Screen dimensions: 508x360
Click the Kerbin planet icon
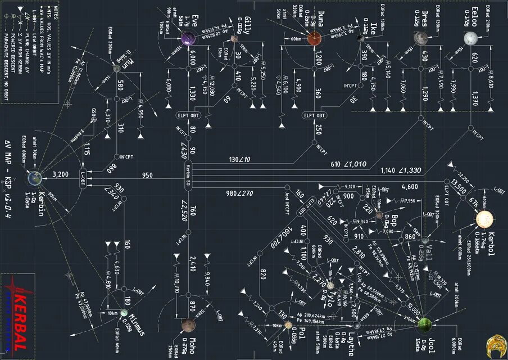click(x=35, y=178)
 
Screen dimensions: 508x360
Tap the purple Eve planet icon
click(x=188, y=39)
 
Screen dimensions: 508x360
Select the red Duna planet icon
click(x=314, y=39)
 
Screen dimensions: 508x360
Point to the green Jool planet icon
click(x=425, y=325)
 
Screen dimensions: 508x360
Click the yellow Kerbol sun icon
click(x=484, y=219)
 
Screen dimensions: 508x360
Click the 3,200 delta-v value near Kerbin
click(x=60, y=174)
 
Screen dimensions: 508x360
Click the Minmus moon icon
click(x=124, y=313)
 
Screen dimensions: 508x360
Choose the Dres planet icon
click(x=419, y=38)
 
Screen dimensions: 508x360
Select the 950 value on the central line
click(x=147, y=175)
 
